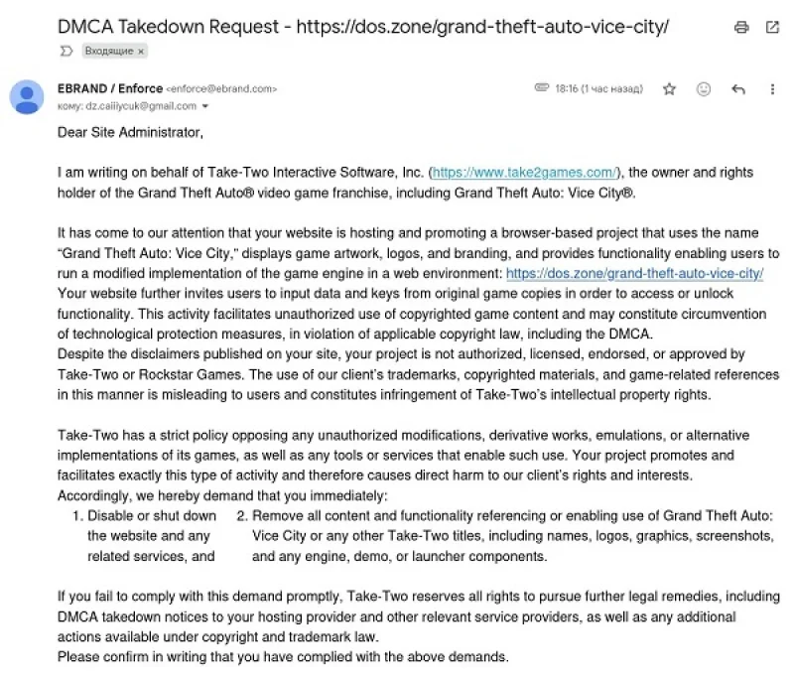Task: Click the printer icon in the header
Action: coord(741,27)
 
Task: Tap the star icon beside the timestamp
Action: coord(669,89)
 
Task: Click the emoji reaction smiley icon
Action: coord(704,89)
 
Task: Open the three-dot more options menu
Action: coord(772,89)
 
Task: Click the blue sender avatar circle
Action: coord(26,96)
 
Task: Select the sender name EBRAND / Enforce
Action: coord(109,88)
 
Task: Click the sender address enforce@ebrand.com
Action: coord(221,89)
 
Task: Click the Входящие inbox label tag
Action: coord(113,50)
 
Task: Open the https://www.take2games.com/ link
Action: coord(524,173)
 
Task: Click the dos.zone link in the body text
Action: coord(634,273)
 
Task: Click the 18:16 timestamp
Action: coord(567,89)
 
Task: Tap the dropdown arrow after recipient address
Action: coord(205,105)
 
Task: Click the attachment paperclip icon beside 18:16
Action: coord(541,88)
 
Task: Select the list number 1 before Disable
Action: coord(77,516)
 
